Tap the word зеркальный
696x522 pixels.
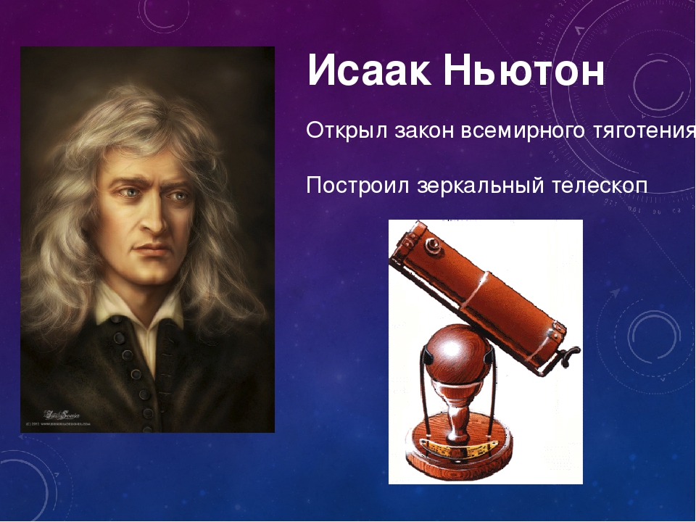click(x=478, y=185)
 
